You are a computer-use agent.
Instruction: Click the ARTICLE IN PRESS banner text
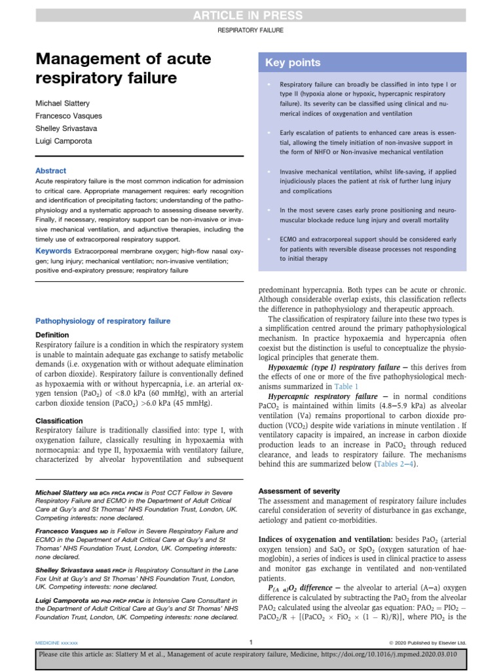pyautogui.click(x=251, y=16)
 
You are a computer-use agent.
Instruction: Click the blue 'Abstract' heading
pyautogui.click(x=50, y=170)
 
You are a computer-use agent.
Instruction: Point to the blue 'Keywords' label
pyautogui.click(x=53, y=251)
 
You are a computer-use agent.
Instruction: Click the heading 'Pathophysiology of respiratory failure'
pyautogui.click(x=103, y=321)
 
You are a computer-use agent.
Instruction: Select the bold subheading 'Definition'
pyautogui.click(x=52, y=335)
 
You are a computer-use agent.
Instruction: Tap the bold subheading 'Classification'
pyautogui.click(x=59, y=421)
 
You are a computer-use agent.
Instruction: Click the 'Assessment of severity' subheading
pyautogui.click(x=299, y=491)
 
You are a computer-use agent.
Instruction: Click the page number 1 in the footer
pyautogui.click(x=251, y=642)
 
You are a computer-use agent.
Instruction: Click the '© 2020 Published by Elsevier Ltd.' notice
pyautogui.click(x=427, y=643)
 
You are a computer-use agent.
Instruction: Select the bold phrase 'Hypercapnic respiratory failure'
pyautogui.click(x=323, y=396)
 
